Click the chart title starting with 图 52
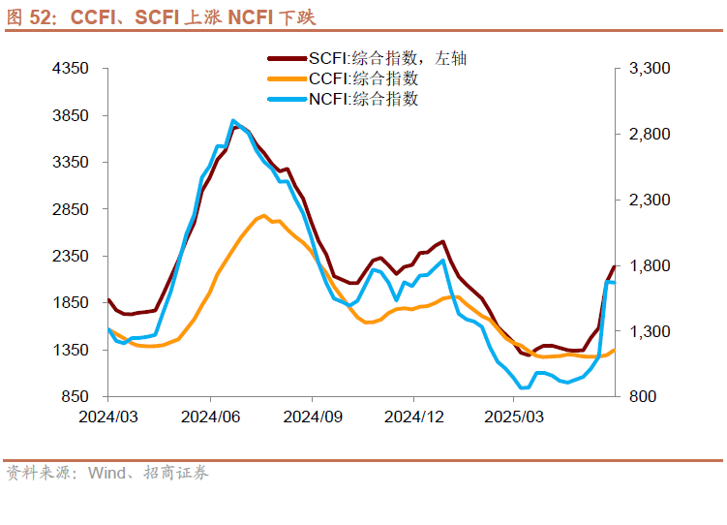point(161,16)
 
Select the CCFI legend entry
point(363,78)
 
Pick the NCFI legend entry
point(363,98)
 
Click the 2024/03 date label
point(108,416)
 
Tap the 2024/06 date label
point(210,416)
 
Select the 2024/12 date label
point(413,416)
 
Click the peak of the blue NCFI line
point(233,121)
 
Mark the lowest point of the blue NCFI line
point(525,387)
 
